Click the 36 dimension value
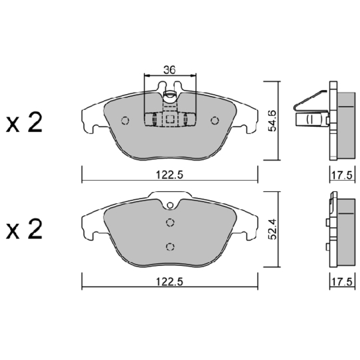pyautogui.click(x=169, y=69)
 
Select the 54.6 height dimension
pyautogui.click(x=273, y=121)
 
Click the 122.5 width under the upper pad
pyautogui.click(x=169, y=175)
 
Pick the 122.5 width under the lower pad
pyautogui.click(x=169, y=282)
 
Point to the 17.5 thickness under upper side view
pyautogui.click(x=341, y=175)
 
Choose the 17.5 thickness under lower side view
pyautogui.click(x=341, y=282)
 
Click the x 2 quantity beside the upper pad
pyautogui.click(x=24, y=123)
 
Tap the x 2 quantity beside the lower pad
pyautogui.click(x=24, y=230)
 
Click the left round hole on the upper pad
pyautogui.click(x=125, y=121)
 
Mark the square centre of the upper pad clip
pyautogui.click(x=169, y=121)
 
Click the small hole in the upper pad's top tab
pyautogui.click(x=169, y=94)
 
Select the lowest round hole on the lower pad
pyautogui.click(x=169, y=246)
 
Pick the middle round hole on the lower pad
pyautogui.click(x=169, y=223)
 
